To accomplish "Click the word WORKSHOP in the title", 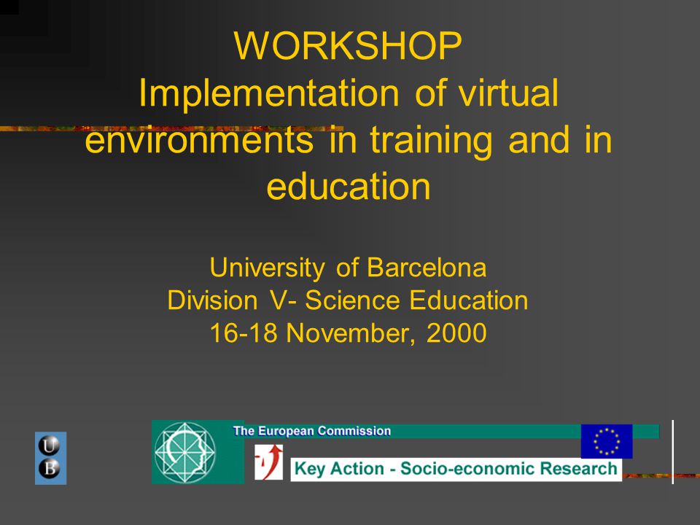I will point(349,47).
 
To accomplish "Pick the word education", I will point(349,187).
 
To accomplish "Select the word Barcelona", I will point(427,268).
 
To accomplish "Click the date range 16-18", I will point(244,333).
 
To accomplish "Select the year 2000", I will point(456,333).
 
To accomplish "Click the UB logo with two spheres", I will point(50,458).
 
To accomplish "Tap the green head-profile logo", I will point(185,451).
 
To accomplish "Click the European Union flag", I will point(607,441).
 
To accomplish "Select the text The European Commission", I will point(312,431).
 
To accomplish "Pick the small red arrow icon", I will point(268,462).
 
